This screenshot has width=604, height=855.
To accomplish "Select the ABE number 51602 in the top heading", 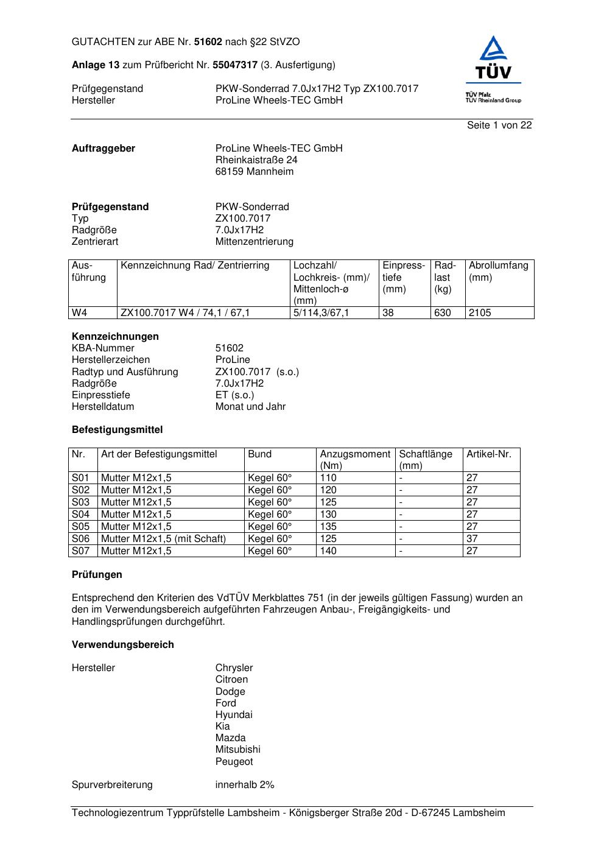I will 208,42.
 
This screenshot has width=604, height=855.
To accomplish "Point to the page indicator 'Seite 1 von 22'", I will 499,125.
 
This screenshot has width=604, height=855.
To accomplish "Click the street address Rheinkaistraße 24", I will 256,160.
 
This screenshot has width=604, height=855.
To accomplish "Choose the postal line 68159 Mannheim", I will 255,172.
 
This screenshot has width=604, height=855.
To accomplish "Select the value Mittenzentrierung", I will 255,242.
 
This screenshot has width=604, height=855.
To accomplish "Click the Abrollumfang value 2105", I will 480,313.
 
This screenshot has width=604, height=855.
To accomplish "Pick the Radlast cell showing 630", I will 443,313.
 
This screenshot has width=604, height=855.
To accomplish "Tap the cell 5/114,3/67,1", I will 321,313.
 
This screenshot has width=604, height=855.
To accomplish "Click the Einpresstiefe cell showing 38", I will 388,313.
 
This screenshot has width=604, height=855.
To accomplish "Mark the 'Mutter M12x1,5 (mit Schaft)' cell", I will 163,539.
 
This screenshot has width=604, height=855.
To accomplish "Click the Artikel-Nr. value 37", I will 472,539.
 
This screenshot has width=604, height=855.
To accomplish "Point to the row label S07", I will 80,551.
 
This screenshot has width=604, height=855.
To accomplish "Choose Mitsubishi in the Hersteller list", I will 237,750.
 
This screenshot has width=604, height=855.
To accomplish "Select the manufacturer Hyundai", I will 234,715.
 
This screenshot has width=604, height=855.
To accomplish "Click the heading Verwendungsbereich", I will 123,645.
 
